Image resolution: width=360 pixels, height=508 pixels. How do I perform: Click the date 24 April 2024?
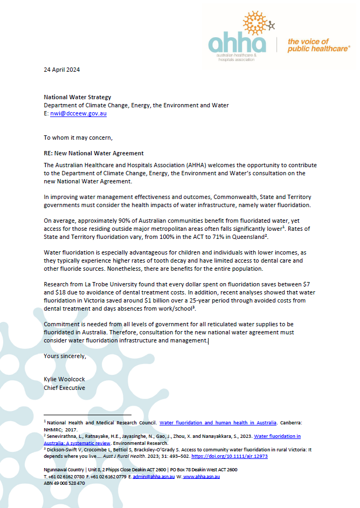(62, 70)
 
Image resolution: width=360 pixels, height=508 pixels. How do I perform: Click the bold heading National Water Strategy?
(77, 97)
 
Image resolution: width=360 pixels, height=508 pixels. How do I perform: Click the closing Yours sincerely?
(65, 356)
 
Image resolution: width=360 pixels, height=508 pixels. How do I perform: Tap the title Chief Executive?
(64, 387)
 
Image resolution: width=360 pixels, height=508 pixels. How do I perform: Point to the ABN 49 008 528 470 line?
(64, 483)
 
